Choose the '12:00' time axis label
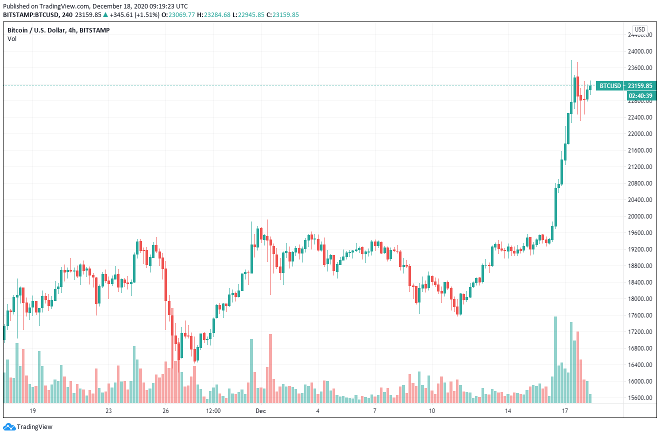(x=213, y=411)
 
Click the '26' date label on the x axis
(x=166, y=411)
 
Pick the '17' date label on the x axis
(x=565, y=411)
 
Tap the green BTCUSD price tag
(x=610, y=85)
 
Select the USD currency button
(x=639, y=29)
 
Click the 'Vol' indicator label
(x=11, y=39)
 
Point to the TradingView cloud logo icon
(x=9, y=427)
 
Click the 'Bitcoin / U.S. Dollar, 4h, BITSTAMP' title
(x=58, y=30)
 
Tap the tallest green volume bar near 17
(x=555, y=359)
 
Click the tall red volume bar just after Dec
(x=270, y=368)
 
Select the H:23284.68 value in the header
(x=214, y=14)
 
